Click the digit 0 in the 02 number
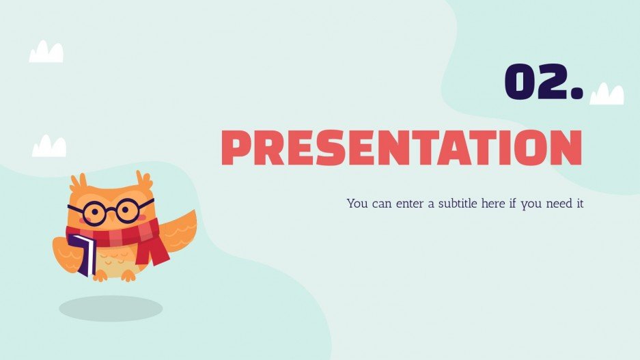(x=520, y=82)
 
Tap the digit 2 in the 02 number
(x=551, y=82)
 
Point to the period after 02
(x=576, y=94)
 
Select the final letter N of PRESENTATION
(x=566, y=148)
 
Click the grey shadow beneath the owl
(x=111, y=308)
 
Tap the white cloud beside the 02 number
(x=607, y=94)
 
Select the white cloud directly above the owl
(x=49, y=146)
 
